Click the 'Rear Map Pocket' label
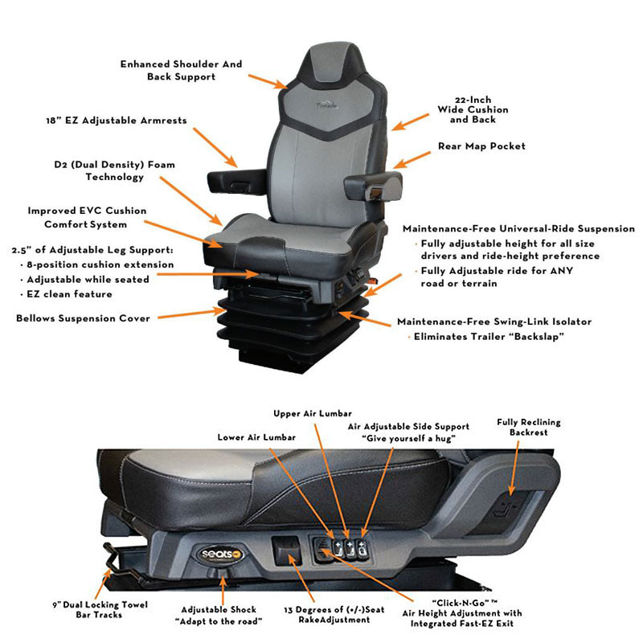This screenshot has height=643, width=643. [481, 146]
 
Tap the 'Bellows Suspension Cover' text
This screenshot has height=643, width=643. [83, 318]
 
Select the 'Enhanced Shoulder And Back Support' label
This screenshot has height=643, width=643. [181, 70]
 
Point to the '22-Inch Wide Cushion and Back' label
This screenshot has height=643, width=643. [473, 109]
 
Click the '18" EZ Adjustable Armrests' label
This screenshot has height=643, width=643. [116, 121]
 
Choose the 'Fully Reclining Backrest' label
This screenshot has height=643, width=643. [528, 427]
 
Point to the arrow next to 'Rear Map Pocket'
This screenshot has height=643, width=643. [413, 158]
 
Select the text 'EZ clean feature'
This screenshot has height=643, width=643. [66, 294]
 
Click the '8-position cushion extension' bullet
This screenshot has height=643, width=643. [100, 264]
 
